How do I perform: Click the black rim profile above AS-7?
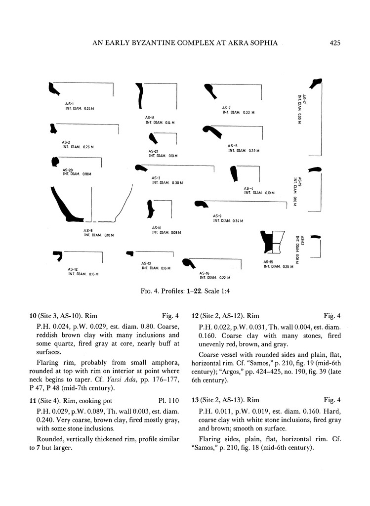[x=211, y=91]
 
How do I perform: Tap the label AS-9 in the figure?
[x=217, y=216]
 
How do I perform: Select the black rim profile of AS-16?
[x=187, y=264]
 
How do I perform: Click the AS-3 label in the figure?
[x=156, y=178]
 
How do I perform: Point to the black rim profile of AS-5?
[x=213, y=131]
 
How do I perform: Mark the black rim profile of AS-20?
[x=55, y=162]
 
